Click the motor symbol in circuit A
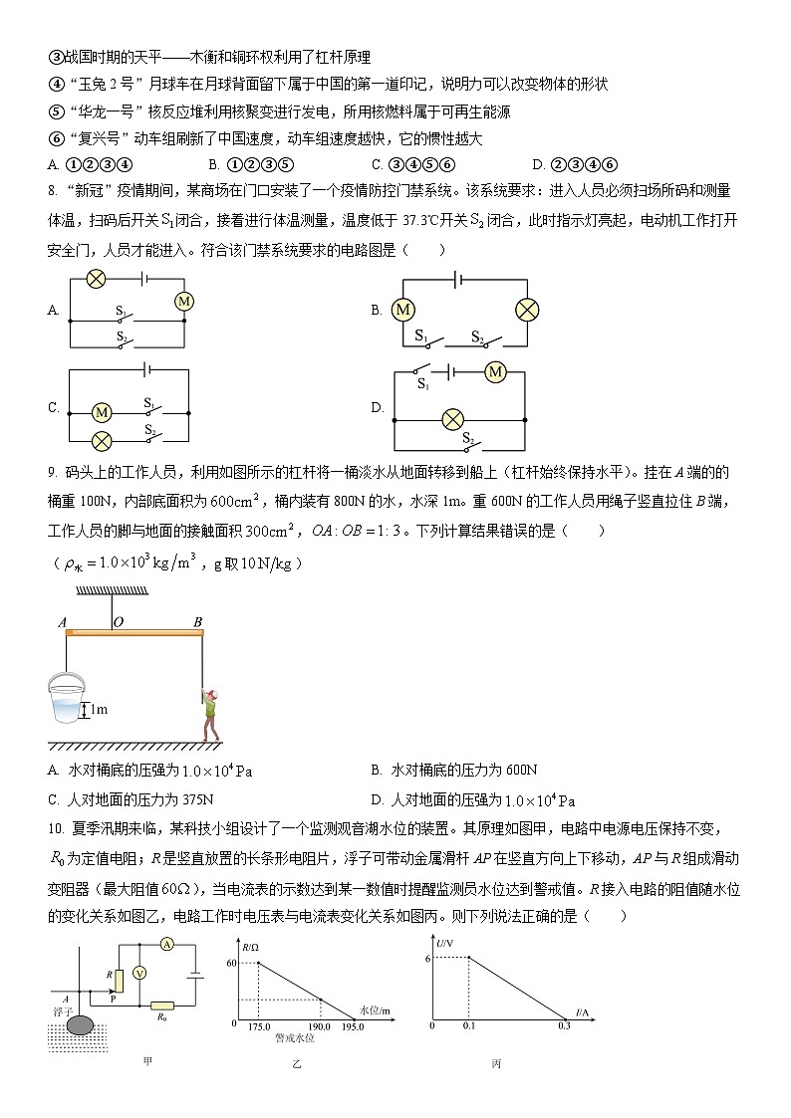pos(183,301)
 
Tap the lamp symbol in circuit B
pos(527,311)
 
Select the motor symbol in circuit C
pos(101,411)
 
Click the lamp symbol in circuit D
pos(453,417)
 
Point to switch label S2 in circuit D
pos(467,436)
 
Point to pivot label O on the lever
pos(118,622)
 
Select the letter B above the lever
pos(197,622)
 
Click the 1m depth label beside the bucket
pos(98,710)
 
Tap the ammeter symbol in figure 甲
pos(168,944)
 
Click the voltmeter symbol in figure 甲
pos(140,973)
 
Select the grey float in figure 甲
pos(81,1021)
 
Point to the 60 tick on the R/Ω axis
pos(234,964)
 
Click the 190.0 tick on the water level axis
pos(320,1026)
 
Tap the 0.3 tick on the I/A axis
pos(565,1025)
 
